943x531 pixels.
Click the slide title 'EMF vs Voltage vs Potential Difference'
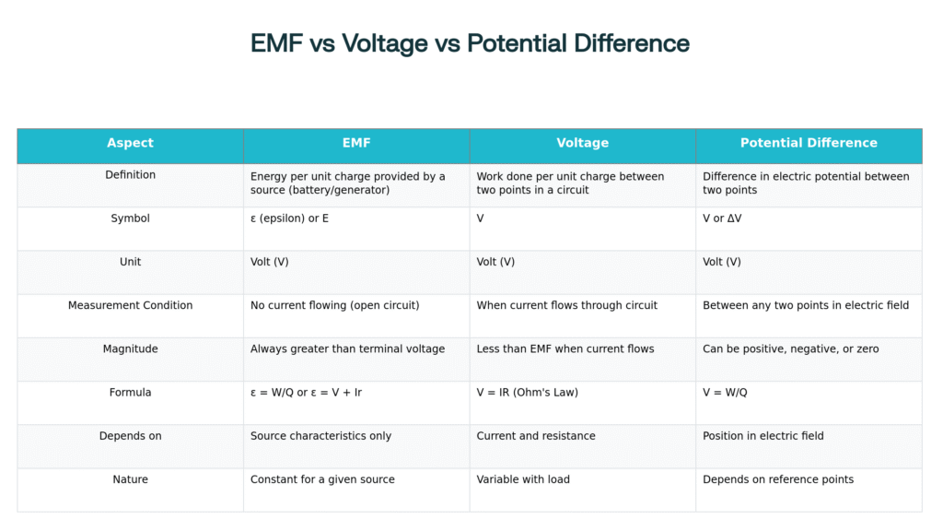[470, 43]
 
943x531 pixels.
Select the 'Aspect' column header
[130, 143]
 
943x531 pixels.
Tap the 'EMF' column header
[356, 143]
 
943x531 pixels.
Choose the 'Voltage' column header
[582, 143]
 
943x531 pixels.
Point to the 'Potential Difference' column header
[809, 143]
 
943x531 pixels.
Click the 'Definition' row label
[130, 174]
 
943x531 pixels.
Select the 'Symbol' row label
[130, 218]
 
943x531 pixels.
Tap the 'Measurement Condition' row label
[130, 305]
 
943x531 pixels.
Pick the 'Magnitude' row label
[130, 348]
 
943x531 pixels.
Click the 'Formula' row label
[130, 392]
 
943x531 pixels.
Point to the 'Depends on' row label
[130, 436]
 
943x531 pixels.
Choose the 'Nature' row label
[130, 479]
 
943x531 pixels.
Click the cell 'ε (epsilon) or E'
[289, 218]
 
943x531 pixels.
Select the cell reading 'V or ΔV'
[722, 218]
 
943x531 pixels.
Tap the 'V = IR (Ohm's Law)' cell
[527, 393]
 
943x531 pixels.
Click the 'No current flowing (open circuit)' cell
[334, 305]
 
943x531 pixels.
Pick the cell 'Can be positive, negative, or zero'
[790, 348]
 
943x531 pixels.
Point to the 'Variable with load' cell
[523, 479]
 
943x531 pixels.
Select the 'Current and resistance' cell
[535, 436]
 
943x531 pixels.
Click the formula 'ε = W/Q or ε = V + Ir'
[306, 393]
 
